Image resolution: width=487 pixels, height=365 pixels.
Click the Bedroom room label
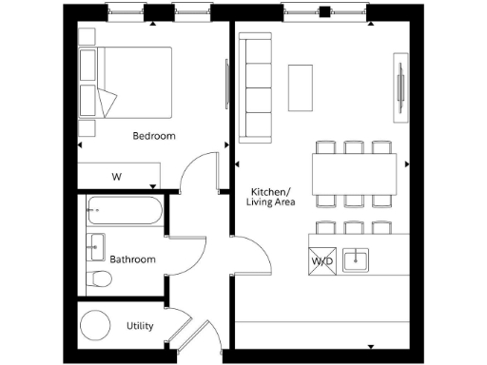pos(154,136)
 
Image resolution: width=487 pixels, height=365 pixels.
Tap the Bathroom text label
pos(132,259)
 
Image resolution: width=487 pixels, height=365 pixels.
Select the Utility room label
pos(140,326)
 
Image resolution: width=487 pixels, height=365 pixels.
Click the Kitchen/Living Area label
pos(271,196)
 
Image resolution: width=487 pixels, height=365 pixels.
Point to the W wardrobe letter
pos(117,177)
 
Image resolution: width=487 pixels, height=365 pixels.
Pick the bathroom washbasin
pos(96,246)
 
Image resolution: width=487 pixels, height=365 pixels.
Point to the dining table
pos(354,174)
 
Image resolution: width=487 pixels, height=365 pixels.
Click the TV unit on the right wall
pos(398,88)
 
